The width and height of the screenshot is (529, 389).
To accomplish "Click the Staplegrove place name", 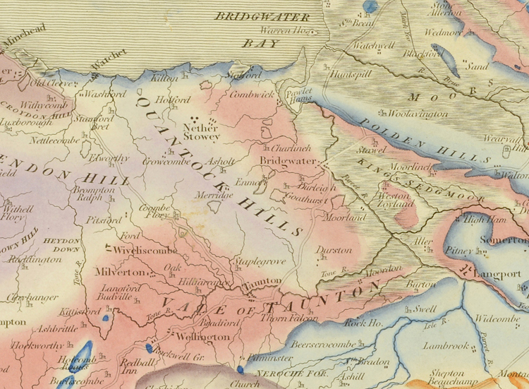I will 261,261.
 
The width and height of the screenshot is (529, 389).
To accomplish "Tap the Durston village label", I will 334,250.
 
